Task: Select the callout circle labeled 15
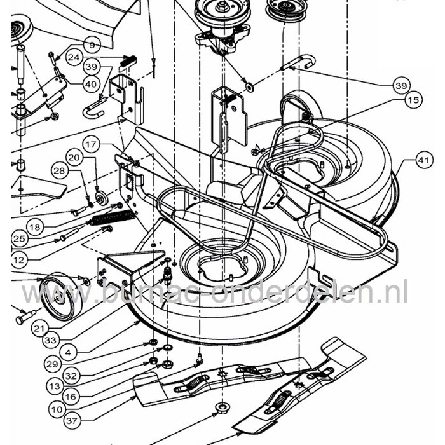click(x=414, y=99)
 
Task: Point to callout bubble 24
click(x=74, y=57)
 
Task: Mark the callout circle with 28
click(x=59, y=170)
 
